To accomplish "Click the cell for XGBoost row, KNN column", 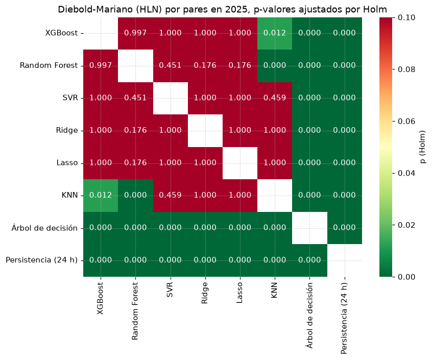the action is tap(275, 33).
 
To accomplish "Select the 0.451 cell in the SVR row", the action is tap(135, 98).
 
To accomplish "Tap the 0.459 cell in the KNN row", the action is tap(170, 196).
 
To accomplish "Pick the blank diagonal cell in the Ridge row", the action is tap(205, 131).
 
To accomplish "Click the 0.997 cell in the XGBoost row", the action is tap(135, 33).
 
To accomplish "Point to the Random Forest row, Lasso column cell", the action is tap(240, 66).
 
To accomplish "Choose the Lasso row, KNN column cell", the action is tap(275, 163).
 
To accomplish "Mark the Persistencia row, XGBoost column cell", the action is tap(101, 260).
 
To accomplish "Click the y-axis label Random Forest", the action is tap(49, 65).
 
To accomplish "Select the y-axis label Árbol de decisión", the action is tap(44, 228).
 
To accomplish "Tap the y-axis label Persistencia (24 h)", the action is tap(41, 260).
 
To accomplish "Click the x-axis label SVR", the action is tap(170, 290).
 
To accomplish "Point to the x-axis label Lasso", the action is tap(239, 293).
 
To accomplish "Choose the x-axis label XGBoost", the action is tap(100, 298).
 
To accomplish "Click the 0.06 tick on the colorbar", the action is tap(406, 121).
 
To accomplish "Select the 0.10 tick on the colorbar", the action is tap(406, 18).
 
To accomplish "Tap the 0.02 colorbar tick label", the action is tap(406, 225).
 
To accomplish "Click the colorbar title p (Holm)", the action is tap(423, 147).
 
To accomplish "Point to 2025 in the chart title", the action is tap(236, 9).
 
